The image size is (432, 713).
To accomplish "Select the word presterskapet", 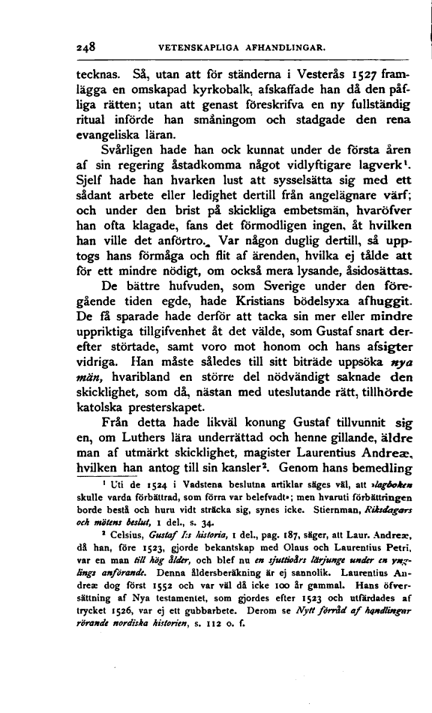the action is pyautogui.click(x=159, y=408).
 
